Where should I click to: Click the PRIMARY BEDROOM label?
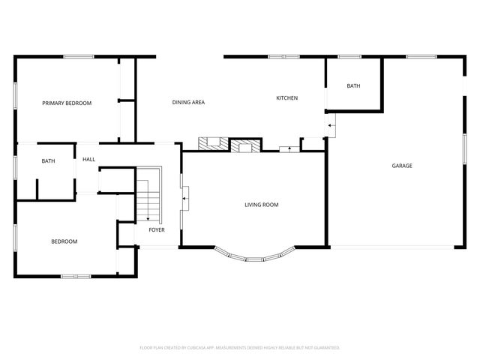coord(67,103)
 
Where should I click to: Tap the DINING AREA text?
coord(188,102)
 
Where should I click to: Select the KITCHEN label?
coord(287,98)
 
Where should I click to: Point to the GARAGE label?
coord(402,166)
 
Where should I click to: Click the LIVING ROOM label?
coord(262,204)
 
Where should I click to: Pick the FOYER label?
coord(156,229)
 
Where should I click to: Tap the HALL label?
coord(88,159)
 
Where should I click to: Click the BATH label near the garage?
coord(353,86)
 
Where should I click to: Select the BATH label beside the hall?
coord(48,161)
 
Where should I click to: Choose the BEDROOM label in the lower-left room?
coord(64,241)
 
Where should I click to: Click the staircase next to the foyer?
coord(148,195)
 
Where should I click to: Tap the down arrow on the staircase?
coord(148,217)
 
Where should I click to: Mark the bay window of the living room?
coord(255,257)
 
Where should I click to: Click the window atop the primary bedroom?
coord(77,56)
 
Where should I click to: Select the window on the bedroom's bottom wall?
coord(76,277)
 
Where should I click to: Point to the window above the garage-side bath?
coord(349,56)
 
